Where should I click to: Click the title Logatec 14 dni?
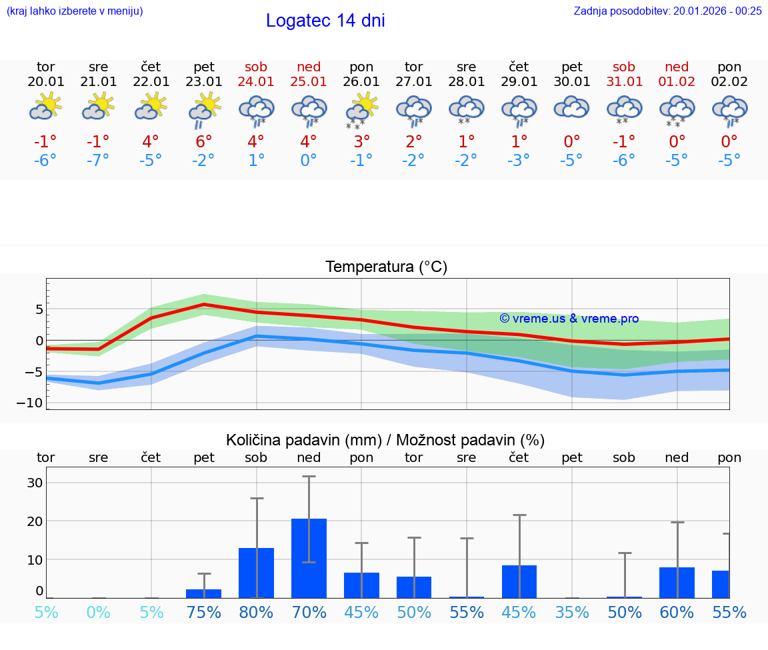pos(325,21)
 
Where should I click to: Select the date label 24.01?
pos(256,82)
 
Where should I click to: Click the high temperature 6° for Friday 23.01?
pos(204,141)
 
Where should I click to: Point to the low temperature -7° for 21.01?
pos(98,161)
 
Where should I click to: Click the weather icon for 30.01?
pos(571,108)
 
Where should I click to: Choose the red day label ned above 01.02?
pos(677,67)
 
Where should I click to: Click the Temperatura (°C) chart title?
pos(386,267)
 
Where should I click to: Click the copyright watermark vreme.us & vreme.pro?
pos(569,319)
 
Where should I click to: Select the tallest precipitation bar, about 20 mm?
pos(309,558)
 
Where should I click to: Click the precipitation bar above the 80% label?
pos(256,573)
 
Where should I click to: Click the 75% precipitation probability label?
pos(204,612)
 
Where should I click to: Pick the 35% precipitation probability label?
pos(571,612)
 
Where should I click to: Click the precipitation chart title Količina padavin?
pos(385,440)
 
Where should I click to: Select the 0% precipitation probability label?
pos(98,612)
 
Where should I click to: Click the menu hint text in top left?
pos(74,11)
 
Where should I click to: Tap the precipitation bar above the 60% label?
pos(677,582)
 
